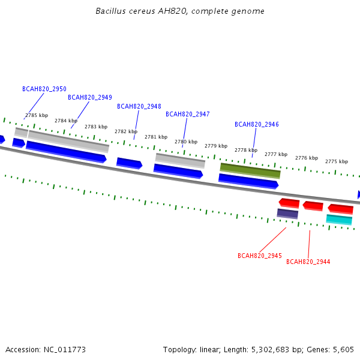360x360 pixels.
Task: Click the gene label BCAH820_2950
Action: point(44,89)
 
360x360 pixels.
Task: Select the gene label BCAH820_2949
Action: point(90,98)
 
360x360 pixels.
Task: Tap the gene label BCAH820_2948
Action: point(139,107)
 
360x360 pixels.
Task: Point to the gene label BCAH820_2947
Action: point(188,115)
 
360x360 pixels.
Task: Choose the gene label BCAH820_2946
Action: point(257,124)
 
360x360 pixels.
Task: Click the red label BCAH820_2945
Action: point(260,256)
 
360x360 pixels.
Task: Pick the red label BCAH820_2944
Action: point(308,262)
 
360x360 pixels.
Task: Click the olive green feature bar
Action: point(250,171)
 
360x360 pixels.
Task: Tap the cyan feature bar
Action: point(339,220)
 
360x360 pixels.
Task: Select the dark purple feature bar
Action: point(287,214)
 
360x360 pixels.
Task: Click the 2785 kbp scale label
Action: point(37,115)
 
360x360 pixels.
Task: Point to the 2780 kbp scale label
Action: point(186,142)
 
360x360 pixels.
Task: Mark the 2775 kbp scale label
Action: point(337,161)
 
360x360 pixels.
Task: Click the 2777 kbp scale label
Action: point(276,154)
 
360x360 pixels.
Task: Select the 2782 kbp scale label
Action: point(126,131)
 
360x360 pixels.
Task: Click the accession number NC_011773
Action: point(65,350)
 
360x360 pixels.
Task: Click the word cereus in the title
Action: point(142,11)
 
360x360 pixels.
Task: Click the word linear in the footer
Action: point(210,350)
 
